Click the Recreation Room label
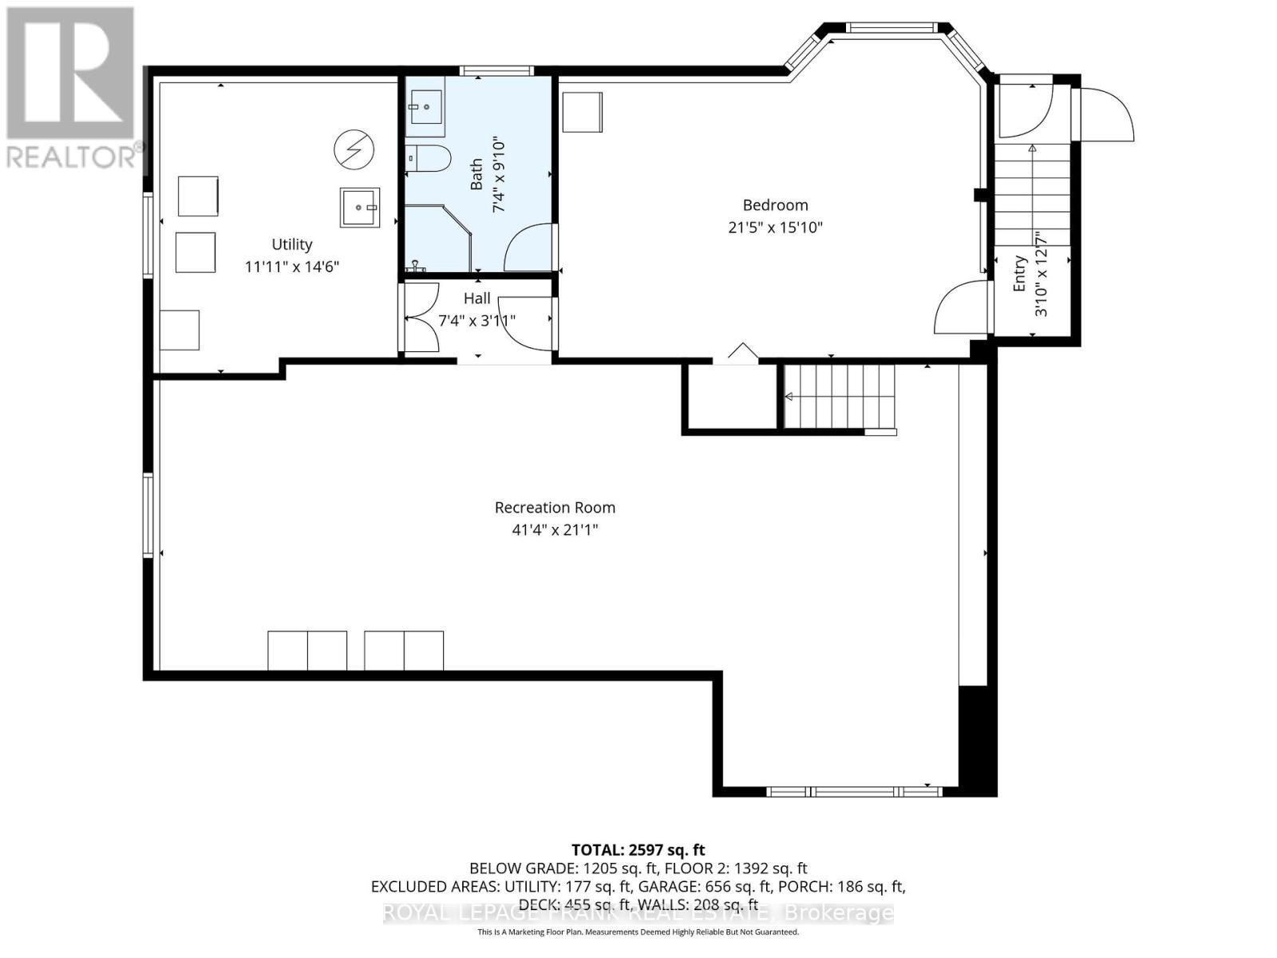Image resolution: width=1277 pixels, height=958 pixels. pyautogui.click(x=555, y=508)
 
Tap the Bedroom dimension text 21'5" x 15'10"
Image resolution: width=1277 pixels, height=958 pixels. pyautogui.click(x=775, y=228)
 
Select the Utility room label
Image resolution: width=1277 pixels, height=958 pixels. pyautogui.click(x=292, y=245)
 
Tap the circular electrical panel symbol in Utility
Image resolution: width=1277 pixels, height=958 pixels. pyautogui.click(x=354, y=148)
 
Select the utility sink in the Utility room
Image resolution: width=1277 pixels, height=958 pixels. pyautogui.click(x=360, y=208)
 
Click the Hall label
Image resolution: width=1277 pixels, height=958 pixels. pyautogui.click(x=477, y=299)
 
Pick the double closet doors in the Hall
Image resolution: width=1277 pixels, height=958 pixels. pyautogui.click(x=420, y=318)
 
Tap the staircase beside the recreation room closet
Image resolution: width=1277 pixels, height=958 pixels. pyautogui.click(x=838, y=397)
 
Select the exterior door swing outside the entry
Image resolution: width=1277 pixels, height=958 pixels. pyautogui.click(x=1105, y=114)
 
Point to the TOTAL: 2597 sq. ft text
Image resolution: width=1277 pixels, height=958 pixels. pyautogui.click(x=638, y=850)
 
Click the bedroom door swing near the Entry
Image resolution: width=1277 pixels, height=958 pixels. pyautogui.click(x=960, y=308)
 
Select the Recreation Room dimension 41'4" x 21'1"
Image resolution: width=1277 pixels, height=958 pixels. pyautogui.click(x=555, y=529)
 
